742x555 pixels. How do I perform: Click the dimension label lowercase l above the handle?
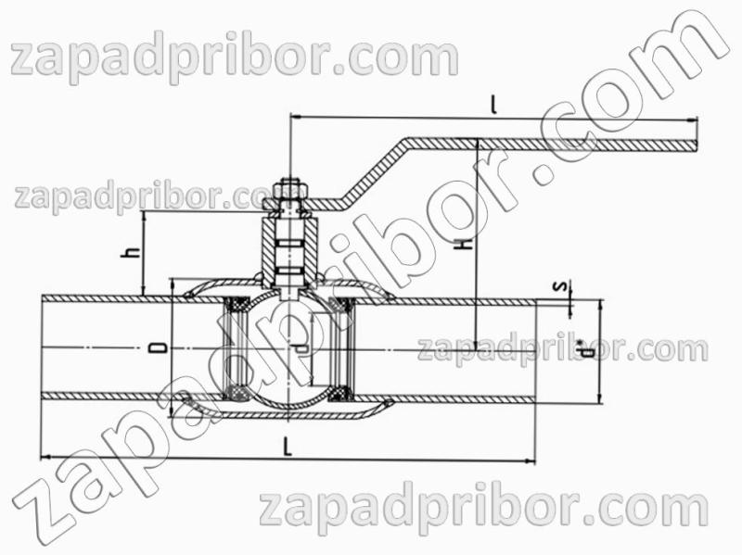[x=494, y=105]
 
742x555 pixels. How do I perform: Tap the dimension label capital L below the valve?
[x=288, y=448]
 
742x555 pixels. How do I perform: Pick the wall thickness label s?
[x=562, y=286]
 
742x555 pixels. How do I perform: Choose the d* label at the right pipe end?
[x=588, y=349]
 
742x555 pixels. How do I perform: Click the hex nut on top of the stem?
[x=289, y=189]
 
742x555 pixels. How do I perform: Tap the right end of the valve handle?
[x=697, y=145]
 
